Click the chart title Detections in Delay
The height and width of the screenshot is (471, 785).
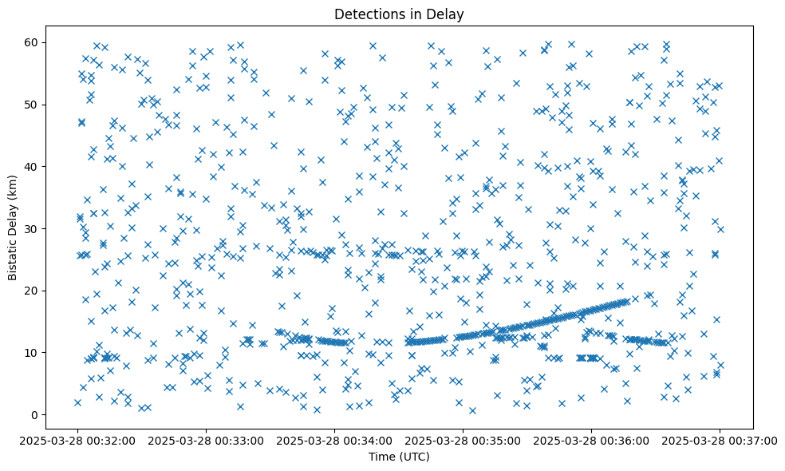pyautogui.click(x=399, y=14)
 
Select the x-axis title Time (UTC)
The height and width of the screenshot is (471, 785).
pyautogui.click(x=399, y=457)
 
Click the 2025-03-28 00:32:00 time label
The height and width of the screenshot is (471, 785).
pyautogui.click(x=78, y=440)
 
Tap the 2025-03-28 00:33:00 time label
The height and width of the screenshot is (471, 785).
pyautogui.click(x=207, y=440)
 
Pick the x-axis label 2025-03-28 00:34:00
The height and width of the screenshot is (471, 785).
pyautogui.click(x=335, y=440)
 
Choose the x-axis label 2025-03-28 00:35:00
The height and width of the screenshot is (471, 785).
pyautogui.click(x=463, y=440)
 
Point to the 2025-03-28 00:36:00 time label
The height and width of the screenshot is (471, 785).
pyautogui.click(x=591, y=440)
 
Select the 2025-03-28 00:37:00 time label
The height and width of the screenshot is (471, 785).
pyautogui.click(x=720, y=440)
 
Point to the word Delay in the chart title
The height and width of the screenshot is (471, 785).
pyautogui.click(x=447, y=14)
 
